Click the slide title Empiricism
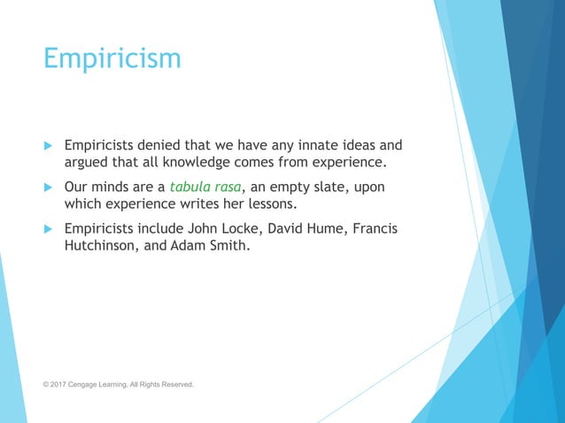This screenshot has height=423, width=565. click(x=112, y=59)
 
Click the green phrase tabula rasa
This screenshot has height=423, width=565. click(x=205, y=188)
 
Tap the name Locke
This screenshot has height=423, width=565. click(x=247, y=229)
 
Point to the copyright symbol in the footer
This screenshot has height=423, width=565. click(x=46, y=385)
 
